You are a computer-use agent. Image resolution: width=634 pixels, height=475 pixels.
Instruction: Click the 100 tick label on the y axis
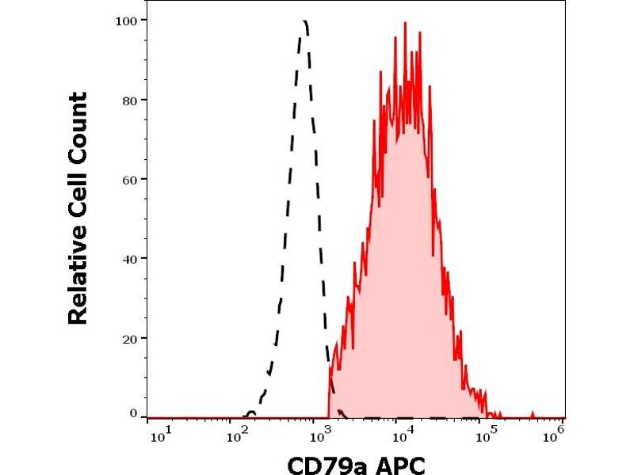pyautogui.click(x=125, y=19)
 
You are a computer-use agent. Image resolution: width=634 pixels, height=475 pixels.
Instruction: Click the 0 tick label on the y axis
pyautogui.click(x=132, y=413)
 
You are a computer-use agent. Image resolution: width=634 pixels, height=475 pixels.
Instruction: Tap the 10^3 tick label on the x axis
pyautogui.click(x=320, y=434)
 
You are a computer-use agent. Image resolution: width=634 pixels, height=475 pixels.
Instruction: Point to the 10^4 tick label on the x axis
pyautogui.click(x=402, y=434)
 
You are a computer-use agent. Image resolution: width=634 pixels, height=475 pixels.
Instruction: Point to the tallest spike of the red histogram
pyautogui.click(x=405, y=23)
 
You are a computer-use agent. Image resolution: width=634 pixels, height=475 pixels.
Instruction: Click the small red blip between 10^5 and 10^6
pyautogui.click(x=532, y=414)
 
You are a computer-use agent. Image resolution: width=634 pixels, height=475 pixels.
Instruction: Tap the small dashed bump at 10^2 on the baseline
pyautogui.click(x=250, y=413)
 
